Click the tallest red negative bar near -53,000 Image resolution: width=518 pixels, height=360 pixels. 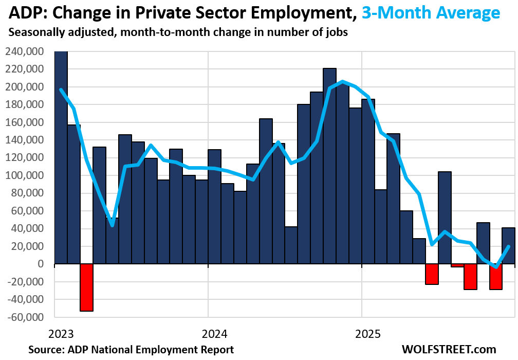pos(86,287)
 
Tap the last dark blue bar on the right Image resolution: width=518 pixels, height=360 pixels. pos(508,246)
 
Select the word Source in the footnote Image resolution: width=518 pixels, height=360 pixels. pos(45,350)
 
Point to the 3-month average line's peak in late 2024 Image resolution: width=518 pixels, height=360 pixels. pos(342,81)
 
